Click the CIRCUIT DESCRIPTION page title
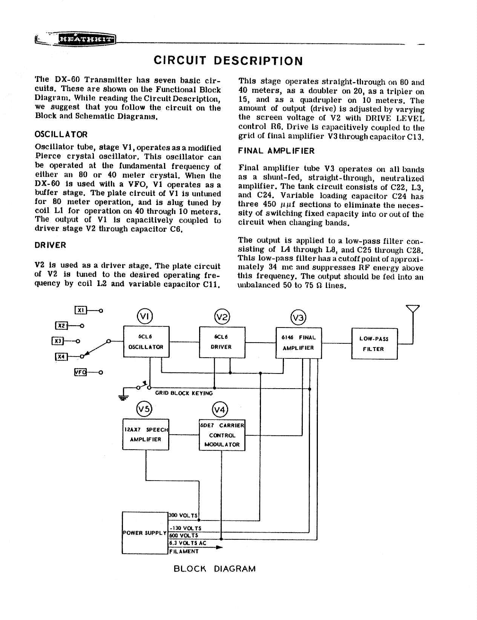(x=228, y=61)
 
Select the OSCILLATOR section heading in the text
(x=61, y=135)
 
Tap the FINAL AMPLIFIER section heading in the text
(x=276, y=151)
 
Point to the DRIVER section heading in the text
(x=50, y=245)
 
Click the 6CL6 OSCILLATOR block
(x=146, y=342)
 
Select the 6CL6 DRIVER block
(x=222, y=342)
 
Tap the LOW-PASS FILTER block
(x=374, y=344)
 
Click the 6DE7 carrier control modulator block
(x=222, y=435)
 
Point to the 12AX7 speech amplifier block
(x=146, y=434)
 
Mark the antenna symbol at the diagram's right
(x=413, y=309)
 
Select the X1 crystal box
(x=81, y=311)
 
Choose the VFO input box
(x=80, y=372)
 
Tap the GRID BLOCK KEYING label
(x=184, y=393)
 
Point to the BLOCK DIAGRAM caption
(x=214, y=569)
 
